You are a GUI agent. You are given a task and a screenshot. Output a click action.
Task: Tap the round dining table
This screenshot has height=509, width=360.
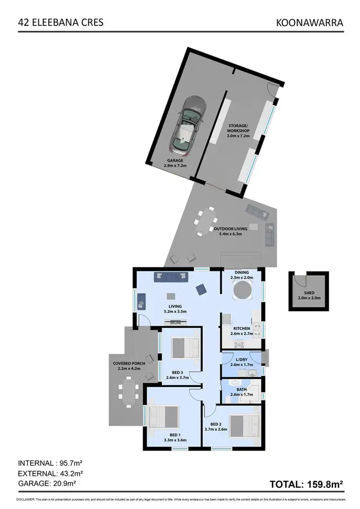click(242, 291)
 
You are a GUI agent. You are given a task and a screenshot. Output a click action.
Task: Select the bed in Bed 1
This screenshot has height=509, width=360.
click(163, 420)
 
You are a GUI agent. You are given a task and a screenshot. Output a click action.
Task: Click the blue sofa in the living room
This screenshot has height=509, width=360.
click(170, 277)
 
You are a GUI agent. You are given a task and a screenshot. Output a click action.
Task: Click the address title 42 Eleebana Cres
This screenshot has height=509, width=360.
click(60, 22)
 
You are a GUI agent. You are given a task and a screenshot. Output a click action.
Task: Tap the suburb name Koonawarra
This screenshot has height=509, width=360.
click(310, 22)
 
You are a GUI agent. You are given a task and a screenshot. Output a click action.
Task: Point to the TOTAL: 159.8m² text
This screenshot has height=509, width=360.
click(306, 485)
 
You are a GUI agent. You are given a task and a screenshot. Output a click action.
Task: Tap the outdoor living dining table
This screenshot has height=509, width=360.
click(208, 220)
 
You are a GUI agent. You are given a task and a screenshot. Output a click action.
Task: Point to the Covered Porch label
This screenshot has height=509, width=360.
click(129, 363)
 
